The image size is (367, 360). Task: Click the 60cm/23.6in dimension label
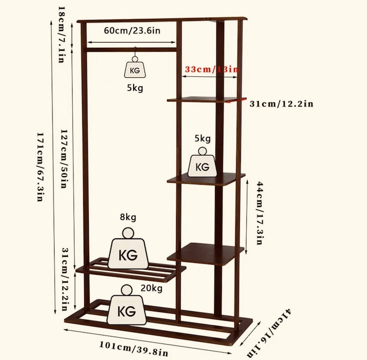(132, 31)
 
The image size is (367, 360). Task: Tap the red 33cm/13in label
(212, 69)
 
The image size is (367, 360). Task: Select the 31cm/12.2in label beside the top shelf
(281, 104)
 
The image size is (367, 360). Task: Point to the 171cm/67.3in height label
(41, 167)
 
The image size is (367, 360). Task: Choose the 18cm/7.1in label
(61, 34)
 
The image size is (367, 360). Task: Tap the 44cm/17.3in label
(260, 213)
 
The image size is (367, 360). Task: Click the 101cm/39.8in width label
(134, 348)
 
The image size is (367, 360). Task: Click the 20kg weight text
(152, 288)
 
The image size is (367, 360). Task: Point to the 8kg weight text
(128, 217)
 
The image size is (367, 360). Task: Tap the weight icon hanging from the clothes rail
(135, 67)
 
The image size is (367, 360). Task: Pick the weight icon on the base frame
(127, 304)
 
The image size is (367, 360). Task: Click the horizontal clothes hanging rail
(132, 50)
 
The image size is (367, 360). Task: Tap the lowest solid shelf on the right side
(206, 254)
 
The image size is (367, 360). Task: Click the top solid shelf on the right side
(207, 99)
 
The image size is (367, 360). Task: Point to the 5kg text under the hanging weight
(135, 88)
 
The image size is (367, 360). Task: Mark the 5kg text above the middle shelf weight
(203, 138)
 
